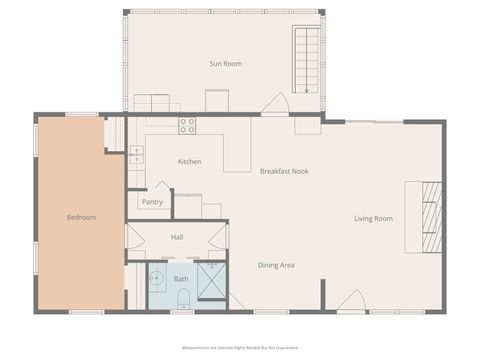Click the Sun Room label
tap(225, 64)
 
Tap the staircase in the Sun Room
tap(306, 59)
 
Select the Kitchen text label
tap(189, 161)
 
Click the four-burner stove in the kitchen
tap(187, 125)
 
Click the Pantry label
tap(152, 202)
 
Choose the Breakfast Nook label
tap(284, 171)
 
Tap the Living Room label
tap(373, 218)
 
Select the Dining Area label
tap(276, 265)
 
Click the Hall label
tap(177, 237)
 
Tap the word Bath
tap(181, 279)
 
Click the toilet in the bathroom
tap(183, 298)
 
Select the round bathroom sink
tap(157, 278)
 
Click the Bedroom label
tap(81, 217)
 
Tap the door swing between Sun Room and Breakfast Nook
tap(275, 105)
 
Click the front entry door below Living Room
tap(350, 300)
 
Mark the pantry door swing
tap(162, 188)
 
